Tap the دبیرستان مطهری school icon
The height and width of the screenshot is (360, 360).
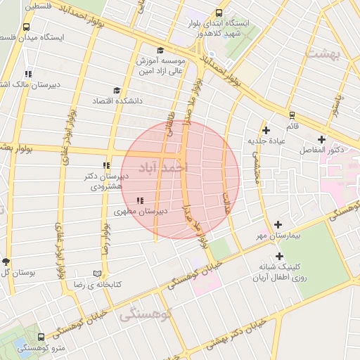139,201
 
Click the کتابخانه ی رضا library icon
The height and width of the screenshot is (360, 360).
97,274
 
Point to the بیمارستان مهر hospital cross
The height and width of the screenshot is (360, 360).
278,224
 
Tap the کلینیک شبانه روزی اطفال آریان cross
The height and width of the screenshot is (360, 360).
279,257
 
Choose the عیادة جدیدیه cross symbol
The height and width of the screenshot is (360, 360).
266,130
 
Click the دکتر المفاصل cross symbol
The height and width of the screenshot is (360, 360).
321,139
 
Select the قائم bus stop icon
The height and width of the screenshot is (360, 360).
291,115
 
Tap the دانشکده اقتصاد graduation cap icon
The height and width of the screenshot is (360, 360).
116,90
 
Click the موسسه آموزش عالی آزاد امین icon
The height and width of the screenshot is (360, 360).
160,50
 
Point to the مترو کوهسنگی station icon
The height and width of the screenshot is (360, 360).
41,337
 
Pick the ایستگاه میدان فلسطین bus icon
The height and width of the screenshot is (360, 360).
27,27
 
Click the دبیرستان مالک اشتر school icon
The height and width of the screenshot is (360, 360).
27,74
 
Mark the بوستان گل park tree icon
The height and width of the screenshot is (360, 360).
6,262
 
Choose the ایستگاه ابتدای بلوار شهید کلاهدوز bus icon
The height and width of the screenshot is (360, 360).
219,13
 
